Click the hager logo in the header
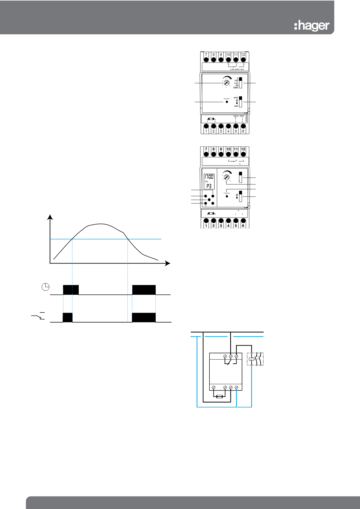pyautogui.click(x=312, y=26)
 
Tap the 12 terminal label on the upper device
pyautogui.click(x=243, y=55)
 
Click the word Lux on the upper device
pyautogui.click(x=236, y=83)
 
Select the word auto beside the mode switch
pyautogui.click(x=236, y=98)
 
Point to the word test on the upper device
pyautogui.click(x=236, y=106)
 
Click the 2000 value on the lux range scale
pyautogui.click(x=235, y=87)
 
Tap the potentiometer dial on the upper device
pyautogui.click(x=227, y=82)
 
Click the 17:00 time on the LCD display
pyautogui.click(x=209, y=177)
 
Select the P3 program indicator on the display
pyautogui.click(x=209, y=186)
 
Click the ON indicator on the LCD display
pyautogui.click(x=206, y=182)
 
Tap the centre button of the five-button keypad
pyautogui.click(x=209, y=200)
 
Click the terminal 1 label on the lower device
pyautogui.click(x=206, y=226)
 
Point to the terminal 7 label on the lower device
pyautogui.click(x=206, y=149)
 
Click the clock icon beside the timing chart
pyautogui.click(x=45, y=287)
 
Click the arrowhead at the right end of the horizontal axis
pyautogui.click(x=168, y=263)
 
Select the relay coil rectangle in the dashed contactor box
pyautogui.click(x=251, y=359)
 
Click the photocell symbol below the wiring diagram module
pyautogui.click(x=219, y=397)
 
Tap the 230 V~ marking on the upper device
pyautogui.click(x=236, y=116)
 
